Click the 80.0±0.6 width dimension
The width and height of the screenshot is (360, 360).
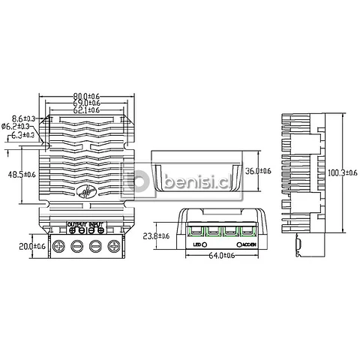[88, 95]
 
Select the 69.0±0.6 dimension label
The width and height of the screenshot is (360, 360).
[88, 103]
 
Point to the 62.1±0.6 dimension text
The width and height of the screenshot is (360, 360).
[88, 110]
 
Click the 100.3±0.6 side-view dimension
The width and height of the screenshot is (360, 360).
[343, 172]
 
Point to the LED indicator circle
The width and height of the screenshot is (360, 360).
[205, 244]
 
